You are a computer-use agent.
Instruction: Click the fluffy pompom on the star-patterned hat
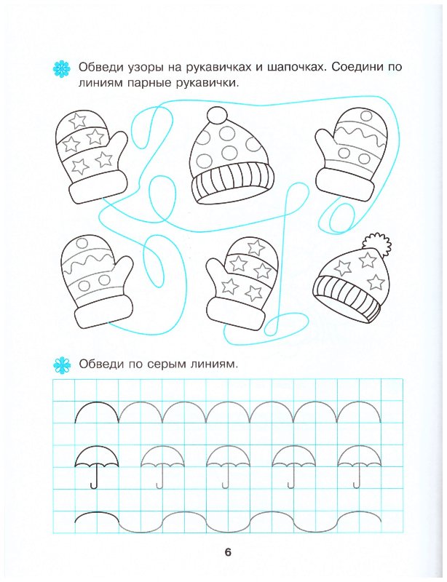coord(378,243)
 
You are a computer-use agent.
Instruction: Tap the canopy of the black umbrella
coord(96,456)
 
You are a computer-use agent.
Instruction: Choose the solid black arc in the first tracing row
coord(96,412)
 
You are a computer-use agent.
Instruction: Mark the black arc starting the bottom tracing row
coord(96,518)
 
